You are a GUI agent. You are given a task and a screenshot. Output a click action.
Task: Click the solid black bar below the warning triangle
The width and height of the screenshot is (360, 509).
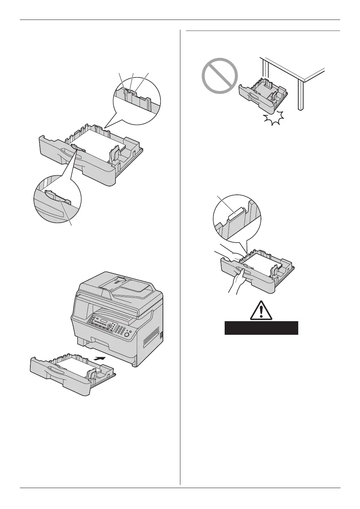261,328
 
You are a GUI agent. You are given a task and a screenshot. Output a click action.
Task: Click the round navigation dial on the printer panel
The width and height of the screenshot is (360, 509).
110,326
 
